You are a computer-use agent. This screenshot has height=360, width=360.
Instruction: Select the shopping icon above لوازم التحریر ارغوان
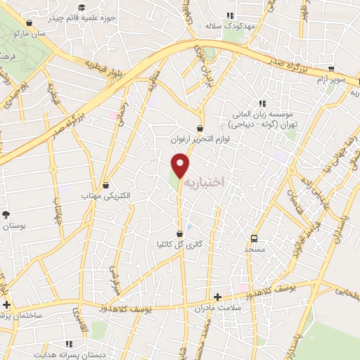(x=201, y=129)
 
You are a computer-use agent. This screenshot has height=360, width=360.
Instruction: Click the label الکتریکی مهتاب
(x=106, y=195)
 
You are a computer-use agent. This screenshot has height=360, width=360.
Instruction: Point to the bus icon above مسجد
(x=255, y=238)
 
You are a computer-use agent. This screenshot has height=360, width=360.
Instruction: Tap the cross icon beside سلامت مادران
(x=217, y=297)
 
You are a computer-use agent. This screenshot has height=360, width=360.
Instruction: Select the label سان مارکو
(x=52, y=33)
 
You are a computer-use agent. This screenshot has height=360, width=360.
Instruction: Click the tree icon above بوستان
(x=6, y=214)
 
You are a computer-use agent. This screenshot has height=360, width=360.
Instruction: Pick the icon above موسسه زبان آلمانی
(x=262, y=103)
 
